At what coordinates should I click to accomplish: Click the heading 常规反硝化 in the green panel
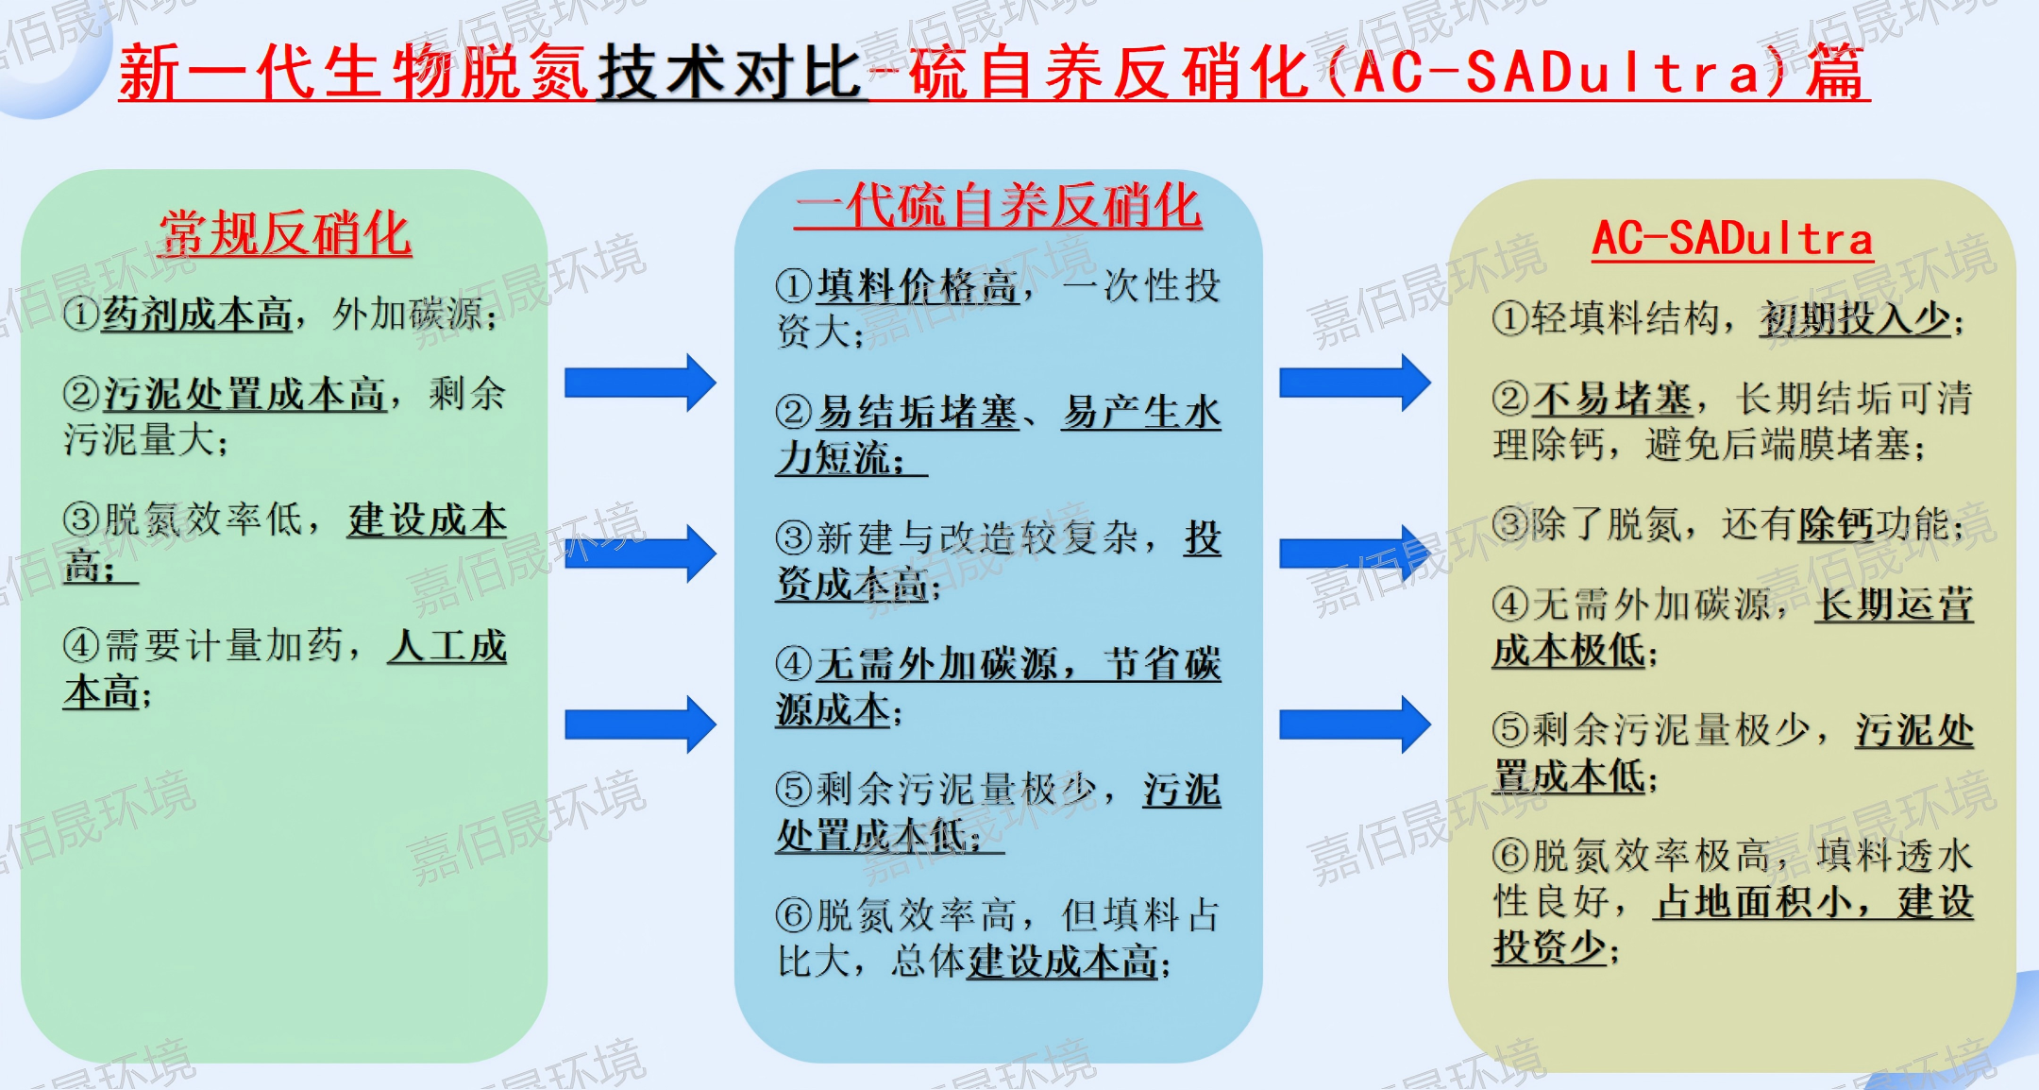click(x=285, y=233)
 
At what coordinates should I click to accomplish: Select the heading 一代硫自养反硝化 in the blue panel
click(x=999, y=205)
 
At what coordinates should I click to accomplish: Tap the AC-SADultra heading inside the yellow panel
click(x=1732, y=238)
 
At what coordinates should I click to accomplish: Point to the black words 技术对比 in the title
click(x=732, y=72)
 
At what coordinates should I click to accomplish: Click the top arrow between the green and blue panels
click(x=640, y=383)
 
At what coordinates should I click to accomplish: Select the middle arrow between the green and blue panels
click(x=640, y=554)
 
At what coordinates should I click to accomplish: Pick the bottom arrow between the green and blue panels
click(x=640, y=724)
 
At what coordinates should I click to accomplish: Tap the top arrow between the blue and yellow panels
click(x=1355, y=383)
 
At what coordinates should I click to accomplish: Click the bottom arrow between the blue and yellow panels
click(x=1355, y=724)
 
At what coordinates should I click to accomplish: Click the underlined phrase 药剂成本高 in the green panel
click(x=197, y=315)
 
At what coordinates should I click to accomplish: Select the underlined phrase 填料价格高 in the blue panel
click(x=918, y=286)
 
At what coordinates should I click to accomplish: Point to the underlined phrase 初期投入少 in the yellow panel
click(x=1855, y=319)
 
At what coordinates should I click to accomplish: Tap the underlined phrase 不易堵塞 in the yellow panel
click(x=1611, y=399)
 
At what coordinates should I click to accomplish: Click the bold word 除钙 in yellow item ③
click(x=1836, y=524)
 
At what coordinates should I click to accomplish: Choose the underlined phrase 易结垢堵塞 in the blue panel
click(x=918, y=413)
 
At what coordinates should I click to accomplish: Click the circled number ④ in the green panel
click(x=81, y=646)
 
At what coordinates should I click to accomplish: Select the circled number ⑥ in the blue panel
click(x=794, y=915)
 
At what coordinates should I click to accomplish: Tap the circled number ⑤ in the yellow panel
click(x=1510, y=730)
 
